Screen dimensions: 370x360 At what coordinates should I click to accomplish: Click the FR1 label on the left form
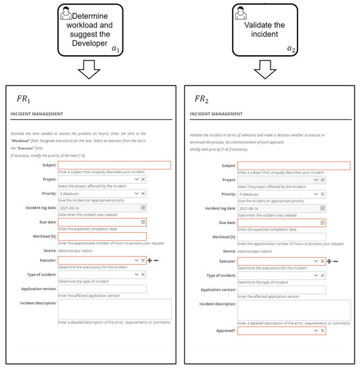pos(24,99)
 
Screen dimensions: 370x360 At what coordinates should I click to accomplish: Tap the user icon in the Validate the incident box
pos(241,12)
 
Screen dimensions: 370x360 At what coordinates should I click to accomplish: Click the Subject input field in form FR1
pos(114,165)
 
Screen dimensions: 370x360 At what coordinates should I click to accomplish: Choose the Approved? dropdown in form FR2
pos(276,330)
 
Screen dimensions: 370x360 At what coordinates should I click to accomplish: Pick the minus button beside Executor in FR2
pos(336,260)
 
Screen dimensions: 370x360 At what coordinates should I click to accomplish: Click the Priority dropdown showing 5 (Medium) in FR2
pos(276,194)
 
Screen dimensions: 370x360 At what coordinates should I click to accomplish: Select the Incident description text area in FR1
pos(114,309)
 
